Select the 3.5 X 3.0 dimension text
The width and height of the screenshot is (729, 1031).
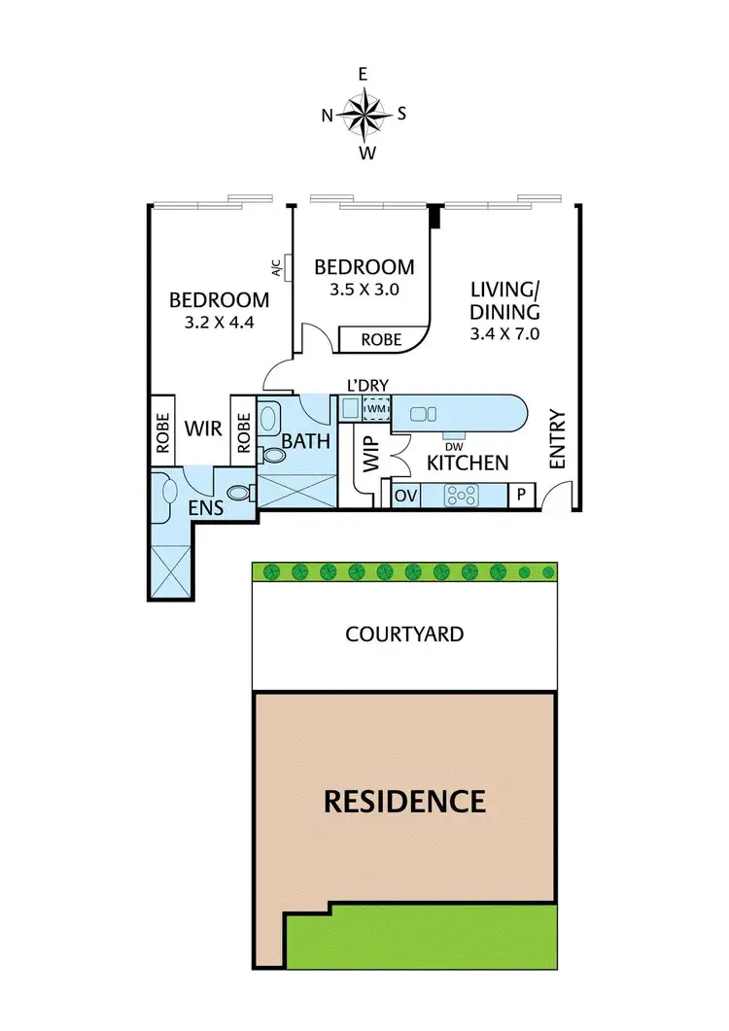click(364, 289)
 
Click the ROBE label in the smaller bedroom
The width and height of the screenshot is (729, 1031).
click(383, 340)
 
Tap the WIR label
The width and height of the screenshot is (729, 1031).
click(203, 427)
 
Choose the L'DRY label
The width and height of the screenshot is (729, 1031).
click(367, 386)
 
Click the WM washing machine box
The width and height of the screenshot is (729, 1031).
click(375, 410)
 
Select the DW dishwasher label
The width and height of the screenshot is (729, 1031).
click(454, 446)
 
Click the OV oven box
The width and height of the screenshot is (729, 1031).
click(406, 496)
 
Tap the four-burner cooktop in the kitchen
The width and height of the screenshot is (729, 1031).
click(462, 496)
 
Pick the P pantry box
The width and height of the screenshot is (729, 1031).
click(521, 496)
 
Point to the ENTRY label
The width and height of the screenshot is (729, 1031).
click(558, 439)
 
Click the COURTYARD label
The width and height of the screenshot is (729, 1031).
click(404, 635)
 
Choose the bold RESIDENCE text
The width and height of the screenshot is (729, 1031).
click(404, 802)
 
